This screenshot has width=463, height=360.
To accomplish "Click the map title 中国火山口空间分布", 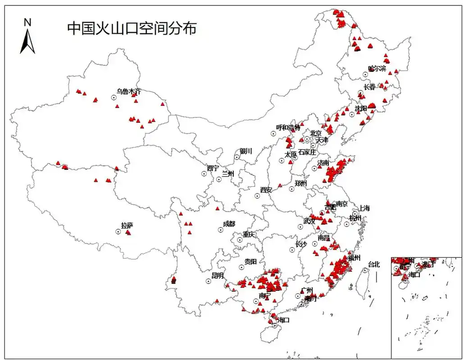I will pos(132,28).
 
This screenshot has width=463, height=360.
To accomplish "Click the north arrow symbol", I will pos(27,40).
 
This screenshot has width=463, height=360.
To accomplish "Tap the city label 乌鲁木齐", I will pos(128,91).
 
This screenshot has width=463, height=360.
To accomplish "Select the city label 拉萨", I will pos(127,225).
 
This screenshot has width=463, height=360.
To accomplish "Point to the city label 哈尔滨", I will pos(377,68).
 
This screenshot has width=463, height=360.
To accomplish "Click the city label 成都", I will pos(229,224).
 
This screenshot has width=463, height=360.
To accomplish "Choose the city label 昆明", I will pos(218,275).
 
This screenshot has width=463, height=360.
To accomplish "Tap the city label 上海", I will pos(364,208).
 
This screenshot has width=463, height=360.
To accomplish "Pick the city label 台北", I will pos(374,265).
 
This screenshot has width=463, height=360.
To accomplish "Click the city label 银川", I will pos(246,151).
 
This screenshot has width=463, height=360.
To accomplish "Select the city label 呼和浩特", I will pos(288,128).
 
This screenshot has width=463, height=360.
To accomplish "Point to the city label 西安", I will pos(266,190).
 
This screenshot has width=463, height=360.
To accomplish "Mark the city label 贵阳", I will pos(250,261).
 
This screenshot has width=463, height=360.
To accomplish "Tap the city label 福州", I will pos(354,258).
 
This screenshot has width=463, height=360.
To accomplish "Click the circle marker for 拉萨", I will pos(118,231).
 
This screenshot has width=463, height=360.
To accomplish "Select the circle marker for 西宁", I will pos(204,174).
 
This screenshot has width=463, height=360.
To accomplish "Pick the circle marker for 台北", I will pos(365,270).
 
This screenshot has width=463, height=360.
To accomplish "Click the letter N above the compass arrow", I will pos(27,22).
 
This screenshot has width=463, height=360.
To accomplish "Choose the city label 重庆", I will pos(249,234).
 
